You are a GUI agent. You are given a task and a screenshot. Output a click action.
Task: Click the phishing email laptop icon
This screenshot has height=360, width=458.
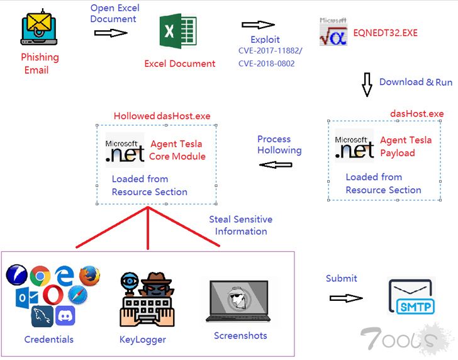click(39, 29)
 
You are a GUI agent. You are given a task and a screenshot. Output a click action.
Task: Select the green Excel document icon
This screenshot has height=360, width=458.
click(178, 32)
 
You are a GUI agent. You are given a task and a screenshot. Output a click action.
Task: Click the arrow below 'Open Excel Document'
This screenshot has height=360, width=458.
click(111, 32)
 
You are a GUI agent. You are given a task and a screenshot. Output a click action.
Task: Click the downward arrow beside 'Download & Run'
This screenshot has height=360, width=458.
click(367, 84)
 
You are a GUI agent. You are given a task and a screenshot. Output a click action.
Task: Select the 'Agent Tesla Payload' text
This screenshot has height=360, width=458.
click(406, 147)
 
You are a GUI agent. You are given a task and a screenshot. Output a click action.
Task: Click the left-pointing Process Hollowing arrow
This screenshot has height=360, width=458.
click(277, 165)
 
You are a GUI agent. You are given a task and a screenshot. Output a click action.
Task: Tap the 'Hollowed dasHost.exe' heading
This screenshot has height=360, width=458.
click(162, 116)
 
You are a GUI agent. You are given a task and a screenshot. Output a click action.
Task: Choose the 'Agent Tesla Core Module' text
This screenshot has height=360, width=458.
click(177, 150)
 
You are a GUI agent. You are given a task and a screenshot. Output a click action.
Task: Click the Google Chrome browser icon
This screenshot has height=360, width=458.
click(40, 276)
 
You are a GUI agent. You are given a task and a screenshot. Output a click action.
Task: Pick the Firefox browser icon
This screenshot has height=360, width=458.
click(90, 275)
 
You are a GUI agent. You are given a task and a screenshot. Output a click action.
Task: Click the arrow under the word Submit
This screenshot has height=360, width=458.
click(346, 298)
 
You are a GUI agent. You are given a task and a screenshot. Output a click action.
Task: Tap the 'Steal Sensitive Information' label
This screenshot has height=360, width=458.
click(240, 225)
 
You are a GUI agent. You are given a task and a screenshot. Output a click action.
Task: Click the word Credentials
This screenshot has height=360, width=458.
click(48, 340)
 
